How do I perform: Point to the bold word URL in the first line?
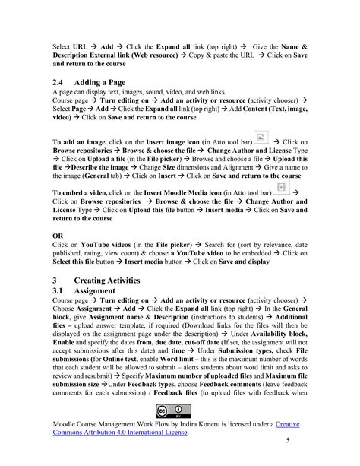(x=81, y=47)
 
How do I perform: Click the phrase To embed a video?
(x=84, y=194)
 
